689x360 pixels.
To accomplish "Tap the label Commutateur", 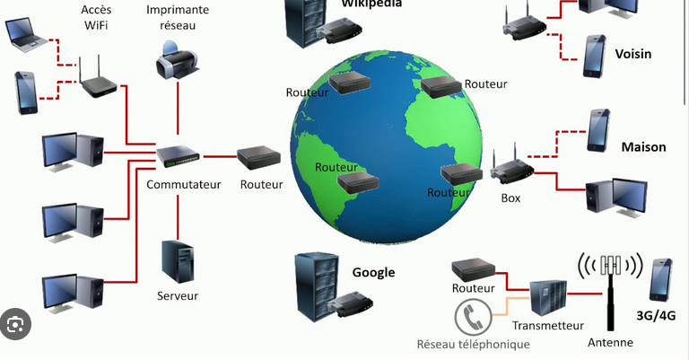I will tap(183, 185).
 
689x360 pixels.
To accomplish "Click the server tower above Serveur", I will tap(177, 261).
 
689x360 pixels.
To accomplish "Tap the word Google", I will tap(373, 273).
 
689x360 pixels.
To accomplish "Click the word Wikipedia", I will tap(371, 4).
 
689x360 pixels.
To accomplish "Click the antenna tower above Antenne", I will tap(611, 288).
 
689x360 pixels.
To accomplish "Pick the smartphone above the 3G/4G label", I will tap(661, 279).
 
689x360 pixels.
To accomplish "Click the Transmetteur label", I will tap(547, 326).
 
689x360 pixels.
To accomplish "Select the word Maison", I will tap(645, 145).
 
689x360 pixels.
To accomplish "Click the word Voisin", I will tap(633, 54).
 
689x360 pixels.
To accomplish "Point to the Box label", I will tap(510, 198).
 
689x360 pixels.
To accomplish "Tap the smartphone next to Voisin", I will tap(594, 55).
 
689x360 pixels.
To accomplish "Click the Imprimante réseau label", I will tap(177, 17).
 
